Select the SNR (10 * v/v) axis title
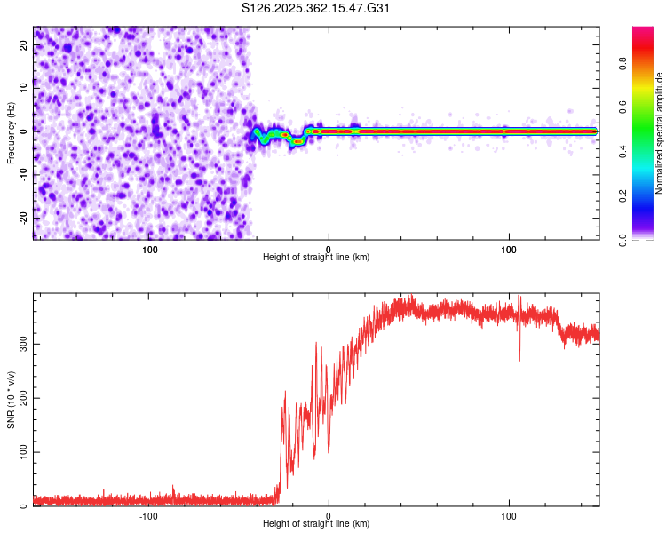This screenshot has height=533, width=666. point(11,401)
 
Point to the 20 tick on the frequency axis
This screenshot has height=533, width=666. point(24,44)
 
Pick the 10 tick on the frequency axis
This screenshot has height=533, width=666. point(24,88)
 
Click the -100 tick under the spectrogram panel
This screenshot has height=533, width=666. point(148,250)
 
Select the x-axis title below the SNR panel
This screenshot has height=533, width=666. point(316,524)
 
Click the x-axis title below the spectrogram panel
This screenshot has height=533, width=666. point(316,258)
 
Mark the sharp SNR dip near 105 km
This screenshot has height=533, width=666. point(519,359)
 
